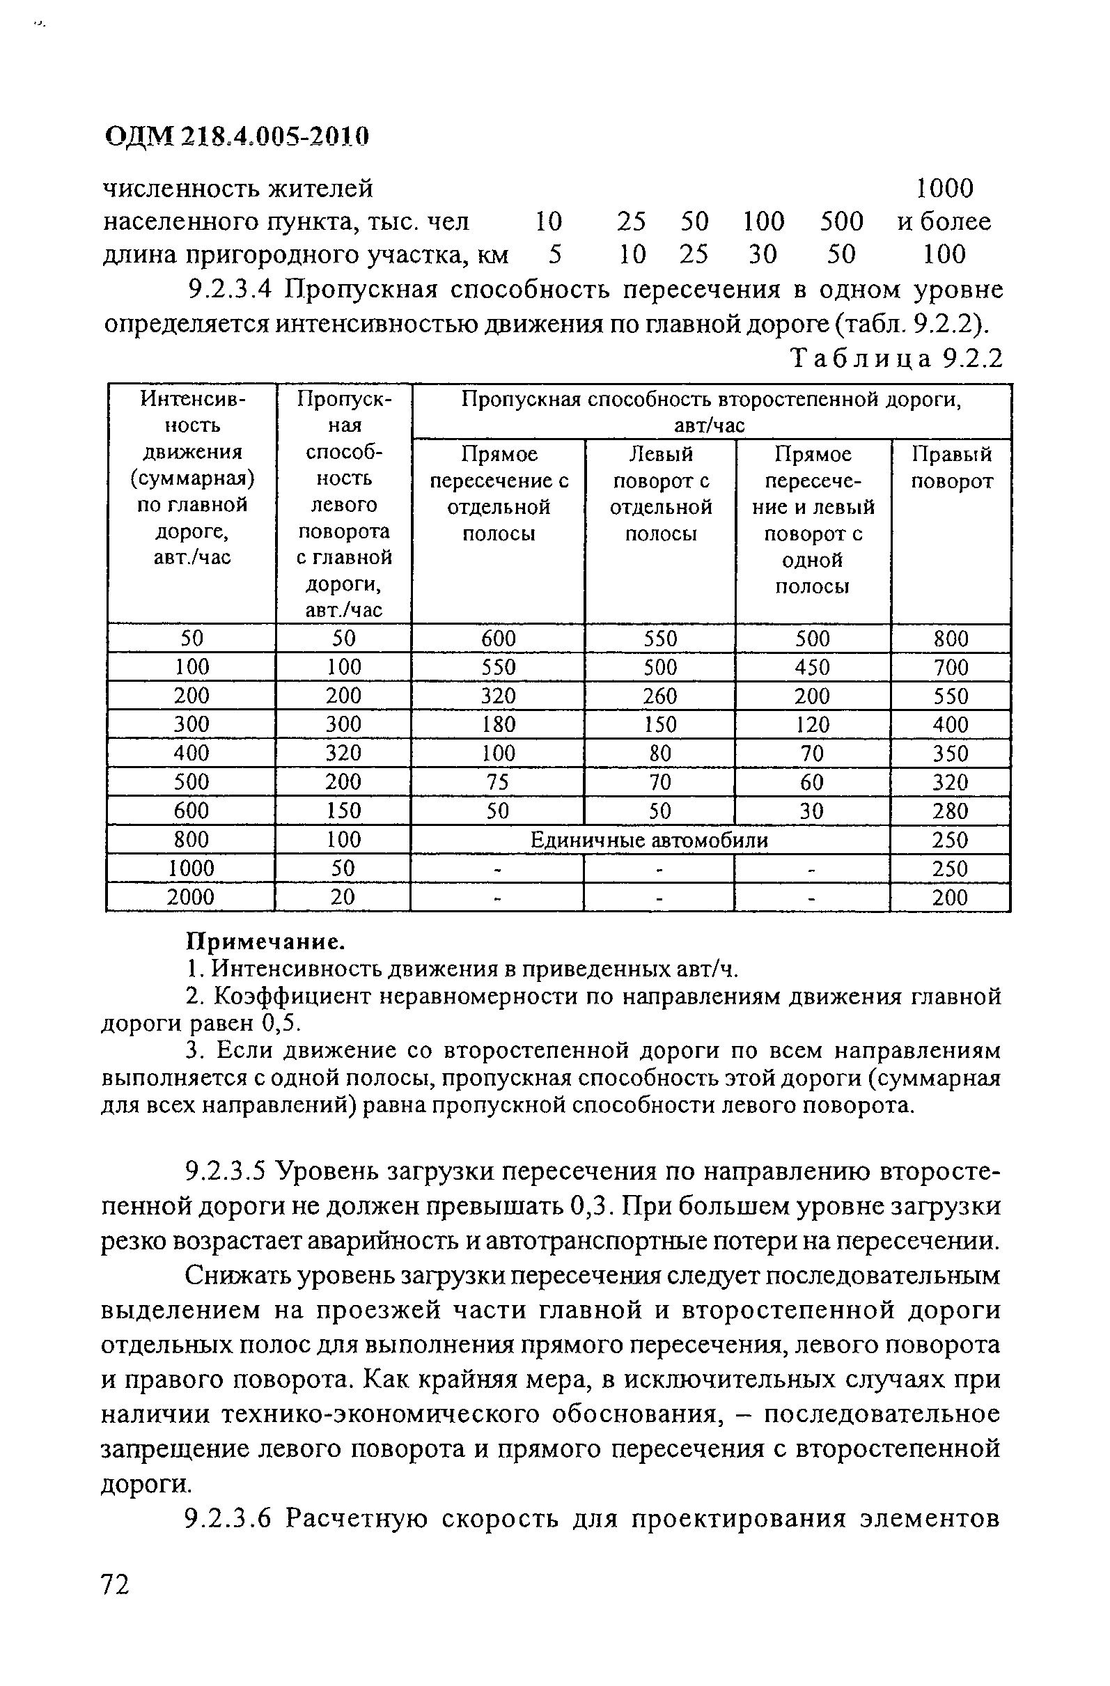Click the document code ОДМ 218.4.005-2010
pyautogui.click(x=237, y=136)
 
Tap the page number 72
pyautogui.click(x=116, y=1584)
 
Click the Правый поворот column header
pyautogui.click(x=951, y=467)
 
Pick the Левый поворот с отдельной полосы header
pyautogui.click(x=660, y=494)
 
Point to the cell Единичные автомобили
pyautogui.click(x=649, y=840)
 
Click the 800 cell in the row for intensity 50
pyautogui.click(x=951, y=639)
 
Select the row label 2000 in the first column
pyautogui.click(x=191, y=898)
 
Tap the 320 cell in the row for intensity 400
pyautogui.click(x=343, y=753)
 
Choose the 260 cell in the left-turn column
pyautogui.click(x=660, y=696)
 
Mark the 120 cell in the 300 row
pyautogui.click(x=812, y=725)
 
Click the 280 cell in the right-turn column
pyautogui.click(x=950, y=811)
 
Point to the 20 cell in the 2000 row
pyautogui.click(x=343, y=898)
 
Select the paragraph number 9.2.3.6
pyautogui.click(x=228, y=1519)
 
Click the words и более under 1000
pyautogui.click(x=944, y=221)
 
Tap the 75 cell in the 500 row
pyautogui.click(x=498, y=782)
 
